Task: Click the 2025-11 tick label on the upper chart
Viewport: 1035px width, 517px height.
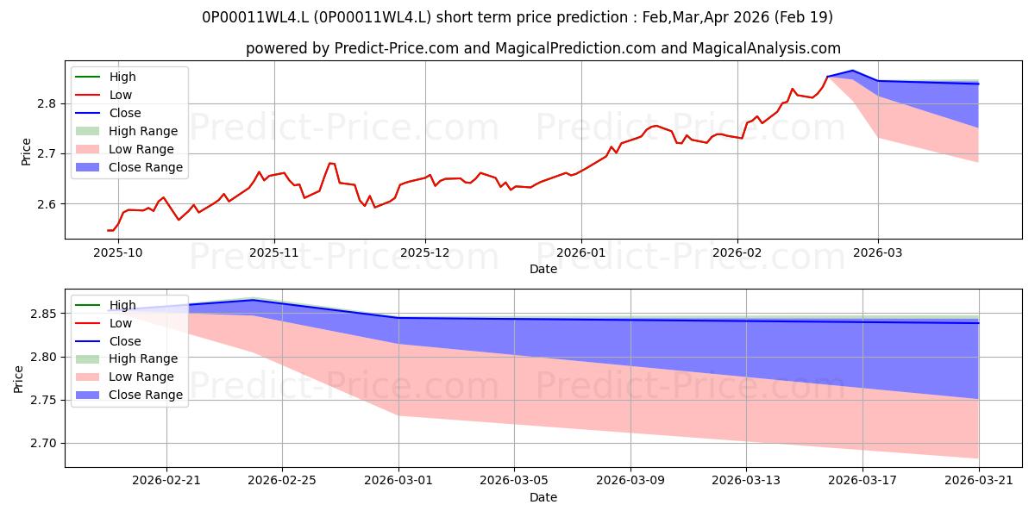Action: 274,253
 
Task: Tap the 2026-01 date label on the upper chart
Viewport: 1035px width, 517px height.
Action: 580,253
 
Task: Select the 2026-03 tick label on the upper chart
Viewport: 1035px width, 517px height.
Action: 877,253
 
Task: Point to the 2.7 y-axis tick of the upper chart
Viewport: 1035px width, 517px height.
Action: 47,153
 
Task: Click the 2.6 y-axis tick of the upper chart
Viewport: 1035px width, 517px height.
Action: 47,204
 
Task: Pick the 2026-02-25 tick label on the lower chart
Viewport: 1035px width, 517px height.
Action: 282,481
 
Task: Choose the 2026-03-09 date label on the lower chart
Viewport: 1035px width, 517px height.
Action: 630,481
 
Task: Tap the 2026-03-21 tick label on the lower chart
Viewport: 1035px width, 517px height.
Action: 979,481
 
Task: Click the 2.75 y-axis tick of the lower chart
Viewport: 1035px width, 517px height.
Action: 43,400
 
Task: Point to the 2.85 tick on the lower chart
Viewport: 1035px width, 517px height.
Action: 43,314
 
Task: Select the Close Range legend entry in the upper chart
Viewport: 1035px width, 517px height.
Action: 129,167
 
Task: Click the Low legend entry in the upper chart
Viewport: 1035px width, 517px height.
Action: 103,95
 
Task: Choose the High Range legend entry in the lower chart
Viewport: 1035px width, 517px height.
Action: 127,358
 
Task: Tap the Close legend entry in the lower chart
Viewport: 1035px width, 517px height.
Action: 108,341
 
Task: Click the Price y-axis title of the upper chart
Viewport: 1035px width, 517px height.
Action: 26,152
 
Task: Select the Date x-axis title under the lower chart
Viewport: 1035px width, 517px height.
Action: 543,497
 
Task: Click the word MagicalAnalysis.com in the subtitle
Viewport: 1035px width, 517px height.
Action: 766,48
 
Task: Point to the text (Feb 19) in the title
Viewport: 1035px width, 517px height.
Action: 804,17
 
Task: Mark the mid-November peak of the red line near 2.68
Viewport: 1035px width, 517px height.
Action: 329,163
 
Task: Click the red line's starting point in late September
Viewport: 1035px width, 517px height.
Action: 108,230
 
